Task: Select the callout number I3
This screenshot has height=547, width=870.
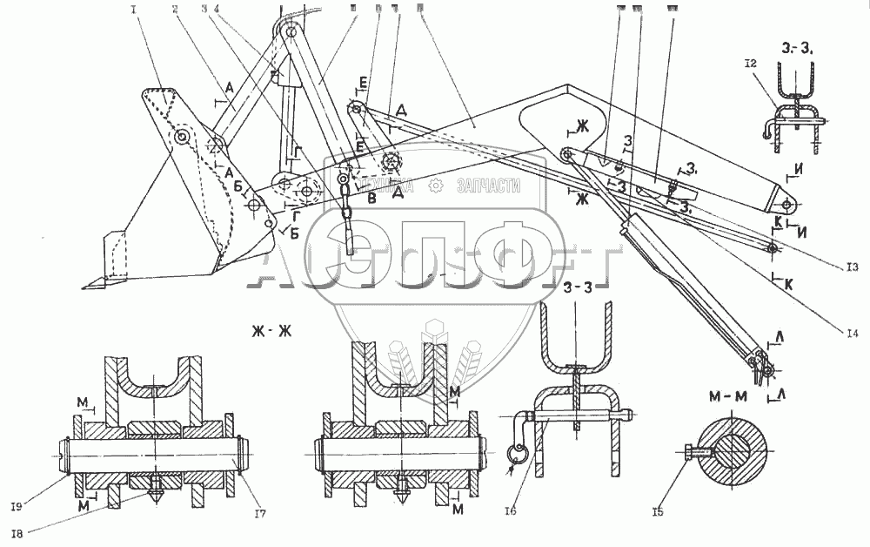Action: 852,267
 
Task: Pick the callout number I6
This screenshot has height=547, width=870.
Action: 511,511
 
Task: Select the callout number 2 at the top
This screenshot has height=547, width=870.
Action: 175,10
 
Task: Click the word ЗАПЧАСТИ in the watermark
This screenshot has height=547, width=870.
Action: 489,186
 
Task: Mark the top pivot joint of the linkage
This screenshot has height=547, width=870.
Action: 289,32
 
